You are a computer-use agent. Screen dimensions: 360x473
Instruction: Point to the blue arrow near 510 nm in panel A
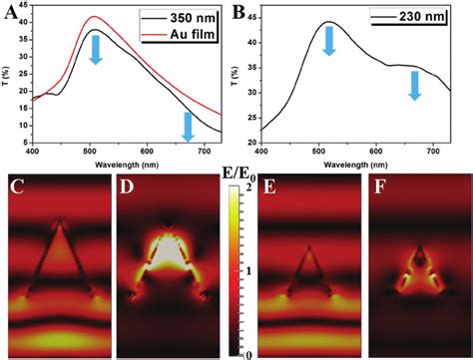point(96,48)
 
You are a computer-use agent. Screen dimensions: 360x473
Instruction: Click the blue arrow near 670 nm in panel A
point(187,127)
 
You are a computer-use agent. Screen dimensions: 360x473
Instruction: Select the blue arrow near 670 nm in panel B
point(414,85)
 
